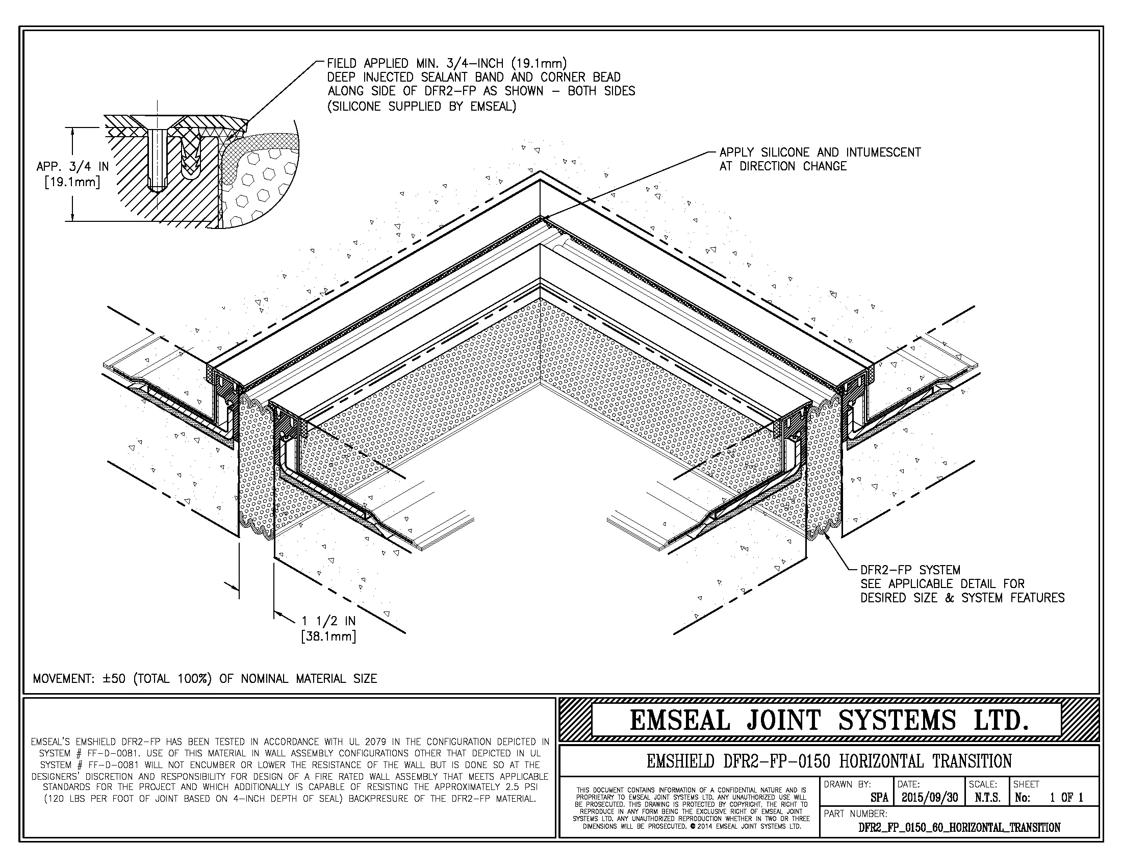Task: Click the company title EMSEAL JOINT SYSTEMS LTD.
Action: point(829,720)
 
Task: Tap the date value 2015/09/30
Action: point(929,797)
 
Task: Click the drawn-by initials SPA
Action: point(879,798)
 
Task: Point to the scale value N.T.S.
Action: point(987,798)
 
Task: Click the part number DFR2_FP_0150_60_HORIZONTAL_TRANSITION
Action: point(959,827)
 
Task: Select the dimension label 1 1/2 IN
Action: point(328,621)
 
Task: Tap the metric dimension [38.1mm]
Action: point(328,636)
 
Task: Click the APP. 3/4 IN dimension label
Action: point(72,166)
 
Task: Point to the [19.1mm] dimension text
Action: point(72,182)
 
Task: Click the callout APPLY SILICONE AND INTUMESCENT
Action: point(820,152)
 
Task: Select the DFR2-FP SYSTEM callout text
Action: point(910,570)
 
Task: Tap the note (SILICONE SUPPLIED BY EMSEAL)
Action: point(421,106)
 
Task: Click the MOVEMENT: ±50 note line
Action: point(205,678)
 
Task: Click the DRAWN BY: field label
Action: point(847,784)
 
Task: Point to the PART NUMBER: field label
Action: point(855,813)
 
